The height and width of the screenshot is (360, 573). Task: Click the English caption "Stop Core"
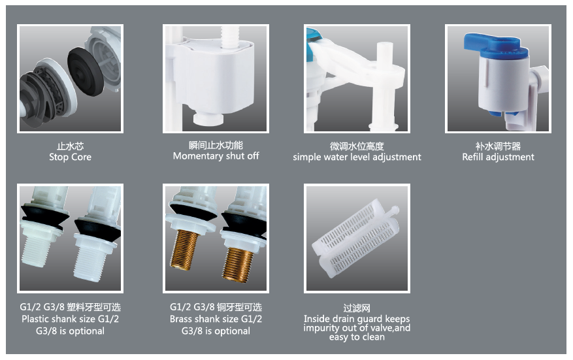(70, 157)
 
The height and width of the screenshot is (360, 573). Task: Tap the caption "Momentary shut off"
(216, 156)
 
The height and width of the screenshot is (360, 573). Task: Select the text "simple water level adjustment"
(357, 157)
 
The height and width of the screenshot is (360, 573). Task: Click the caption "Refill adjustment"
(498, 157)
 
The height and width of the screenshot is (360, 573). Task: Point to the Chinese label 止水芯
(70, 146)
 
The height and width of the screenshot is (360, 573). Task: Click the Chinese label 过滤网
(357, 308)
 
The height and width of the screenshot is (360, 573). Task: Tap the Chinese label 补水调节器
(498, 146)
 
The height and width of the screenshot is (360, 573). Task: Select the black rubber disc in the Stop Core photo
(86, 71)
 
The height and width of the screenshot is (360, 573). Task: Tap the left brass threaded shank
(184, 250)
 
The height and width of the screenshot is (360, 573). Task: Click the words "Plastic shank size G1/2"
(70, 319)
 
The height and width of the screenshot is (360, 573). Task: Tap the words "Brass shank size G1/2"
(216, 319)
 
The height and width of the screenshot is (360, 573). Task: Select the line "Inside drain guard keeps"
(357, 319)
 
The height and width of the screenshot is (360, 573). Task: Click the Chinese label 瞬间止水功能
(216, 146)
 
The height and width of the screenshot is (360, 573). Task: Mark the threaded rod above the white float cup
(230, 36)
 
